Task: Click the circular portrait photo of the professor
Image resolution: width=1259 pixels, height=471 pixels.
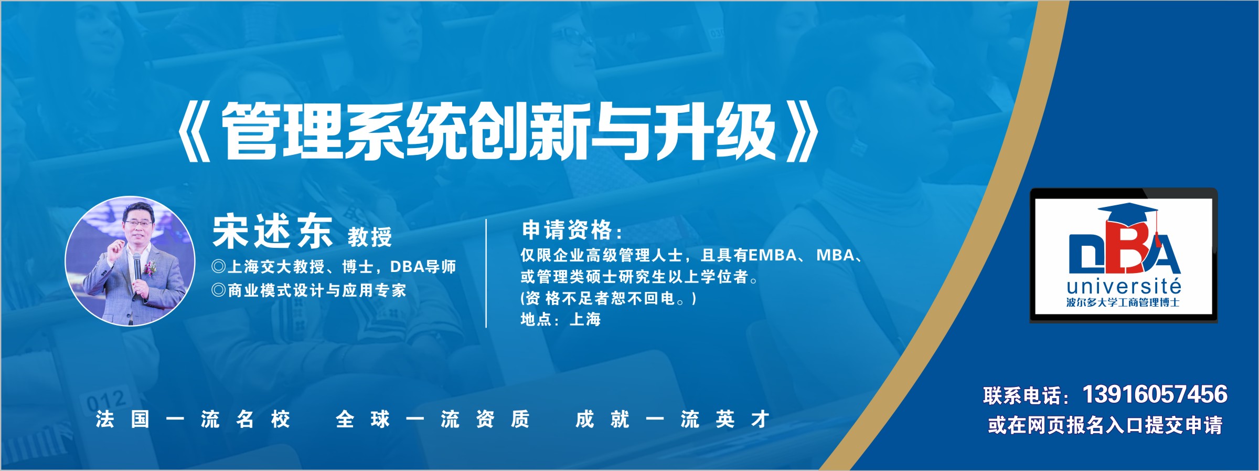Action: pos(130,261)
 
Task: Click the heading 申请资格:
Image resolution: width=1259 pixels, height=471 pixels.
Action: pos(572,230)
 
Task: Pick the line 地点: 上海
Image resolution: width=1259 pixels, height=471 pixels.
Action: pos(560,319)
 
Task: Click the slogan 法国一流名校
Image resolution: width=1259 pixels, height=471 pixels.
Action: pos(193,420)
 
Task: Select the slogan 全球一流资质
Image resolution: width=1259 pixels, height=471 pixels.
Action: pos(433,420)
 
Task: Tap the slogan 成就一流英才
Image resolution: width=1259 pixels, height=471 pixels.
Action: pos(673,420)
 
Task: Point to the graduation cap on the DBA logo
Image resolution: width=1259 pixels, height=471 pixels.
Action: pos(1128,213)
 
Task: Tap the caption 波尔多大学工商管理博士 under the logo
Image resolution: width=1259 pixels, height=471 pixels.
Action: pos(1123,302)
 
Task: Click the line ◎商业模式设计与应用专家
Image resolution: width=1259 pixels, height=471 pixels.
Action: pos(309,290)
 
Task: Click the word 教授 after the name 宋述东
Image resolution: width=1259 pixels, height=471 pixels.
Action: pos(370,237)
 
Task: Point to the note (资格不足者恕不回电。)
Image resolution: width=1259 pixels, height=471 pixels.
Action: pos(609,298)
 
